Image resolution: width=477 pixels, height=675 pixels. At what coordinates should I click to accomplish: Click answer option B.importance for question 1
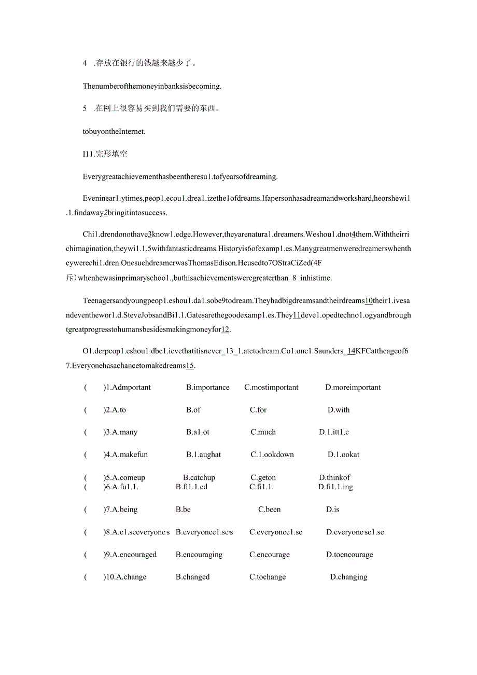207,388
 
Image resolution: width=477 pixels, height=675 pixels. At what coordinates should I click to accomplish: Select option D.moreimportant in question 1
353,388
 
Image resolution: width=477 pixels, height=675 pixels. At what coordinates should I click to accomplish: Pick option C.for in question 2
258,410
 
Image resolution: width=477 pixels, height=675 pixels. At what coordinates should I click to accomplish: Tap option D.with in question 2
339,410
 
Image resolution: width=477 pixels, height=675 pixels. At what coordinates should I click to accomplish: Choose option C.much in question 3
263,432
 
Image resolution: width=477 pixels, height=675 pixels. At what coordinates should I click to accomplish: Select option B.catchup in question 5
199,478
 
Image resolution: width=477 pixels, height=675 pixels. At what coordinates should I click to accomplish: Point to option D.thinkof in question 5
334,478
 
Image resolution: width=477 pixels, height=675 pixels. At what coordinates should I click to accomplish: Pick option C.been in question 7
270,509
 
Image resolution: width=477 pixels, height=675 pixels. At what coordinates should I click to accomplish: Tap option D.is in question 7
333,509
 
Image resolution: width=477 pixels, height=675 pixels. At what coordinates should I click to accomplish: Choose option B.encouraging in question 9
199,555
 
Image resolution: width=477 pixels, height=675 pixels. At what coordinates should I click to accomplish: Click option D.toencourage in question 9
349,555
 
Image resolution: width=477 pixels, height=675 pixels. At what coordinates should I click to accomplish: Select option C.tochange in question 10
268,577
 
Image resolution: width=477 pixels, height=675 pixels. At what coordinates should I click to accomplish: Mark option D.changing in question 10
348,577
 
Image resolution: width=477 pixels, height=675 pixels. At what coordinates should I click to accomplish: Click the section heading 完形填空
111,154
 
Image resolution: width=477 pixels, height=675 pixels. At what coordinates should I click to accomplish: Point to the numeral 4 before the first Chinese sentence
85,63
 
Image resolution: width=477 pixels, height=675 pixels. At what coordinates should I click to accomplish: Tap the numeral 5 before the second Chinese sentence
85,108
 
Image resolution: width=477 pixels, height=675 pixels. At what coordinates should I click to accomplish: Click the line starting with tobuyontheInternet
114,131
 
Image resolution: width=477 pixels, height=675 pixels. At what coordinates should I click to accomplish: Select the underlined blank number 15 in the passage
190,366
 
